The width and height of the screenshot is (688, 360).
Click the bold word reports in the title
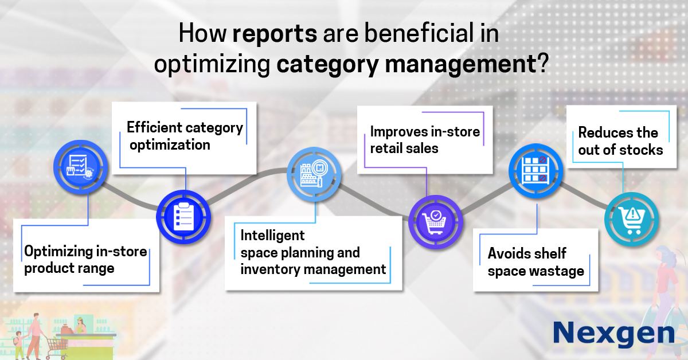point(275,33)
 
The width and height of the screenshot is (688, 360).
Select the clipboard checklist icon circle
point(183,217)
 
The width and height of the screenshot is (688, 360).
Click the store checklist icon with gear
point(80,167)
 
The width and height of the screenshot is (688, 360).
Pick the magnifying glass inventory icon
point(314,174)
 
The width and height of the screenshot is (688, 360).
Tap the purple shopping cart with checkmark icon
point(436,222)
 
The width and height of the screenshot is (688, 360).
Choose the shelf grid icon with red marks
point(536,170)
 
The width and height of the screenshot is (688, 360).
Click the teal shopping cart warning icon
point(631,219)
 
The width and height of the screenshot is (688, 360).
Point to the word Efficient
point(154,127)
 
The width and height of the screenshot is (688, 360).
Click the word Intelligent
point(272,236)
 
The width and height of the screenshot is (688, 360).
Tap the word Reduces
point(605,132)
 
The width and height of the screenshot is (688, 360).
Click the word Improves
point(398,131)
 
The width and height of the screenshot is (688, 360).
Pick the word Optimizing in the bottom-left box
point(58,252)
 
